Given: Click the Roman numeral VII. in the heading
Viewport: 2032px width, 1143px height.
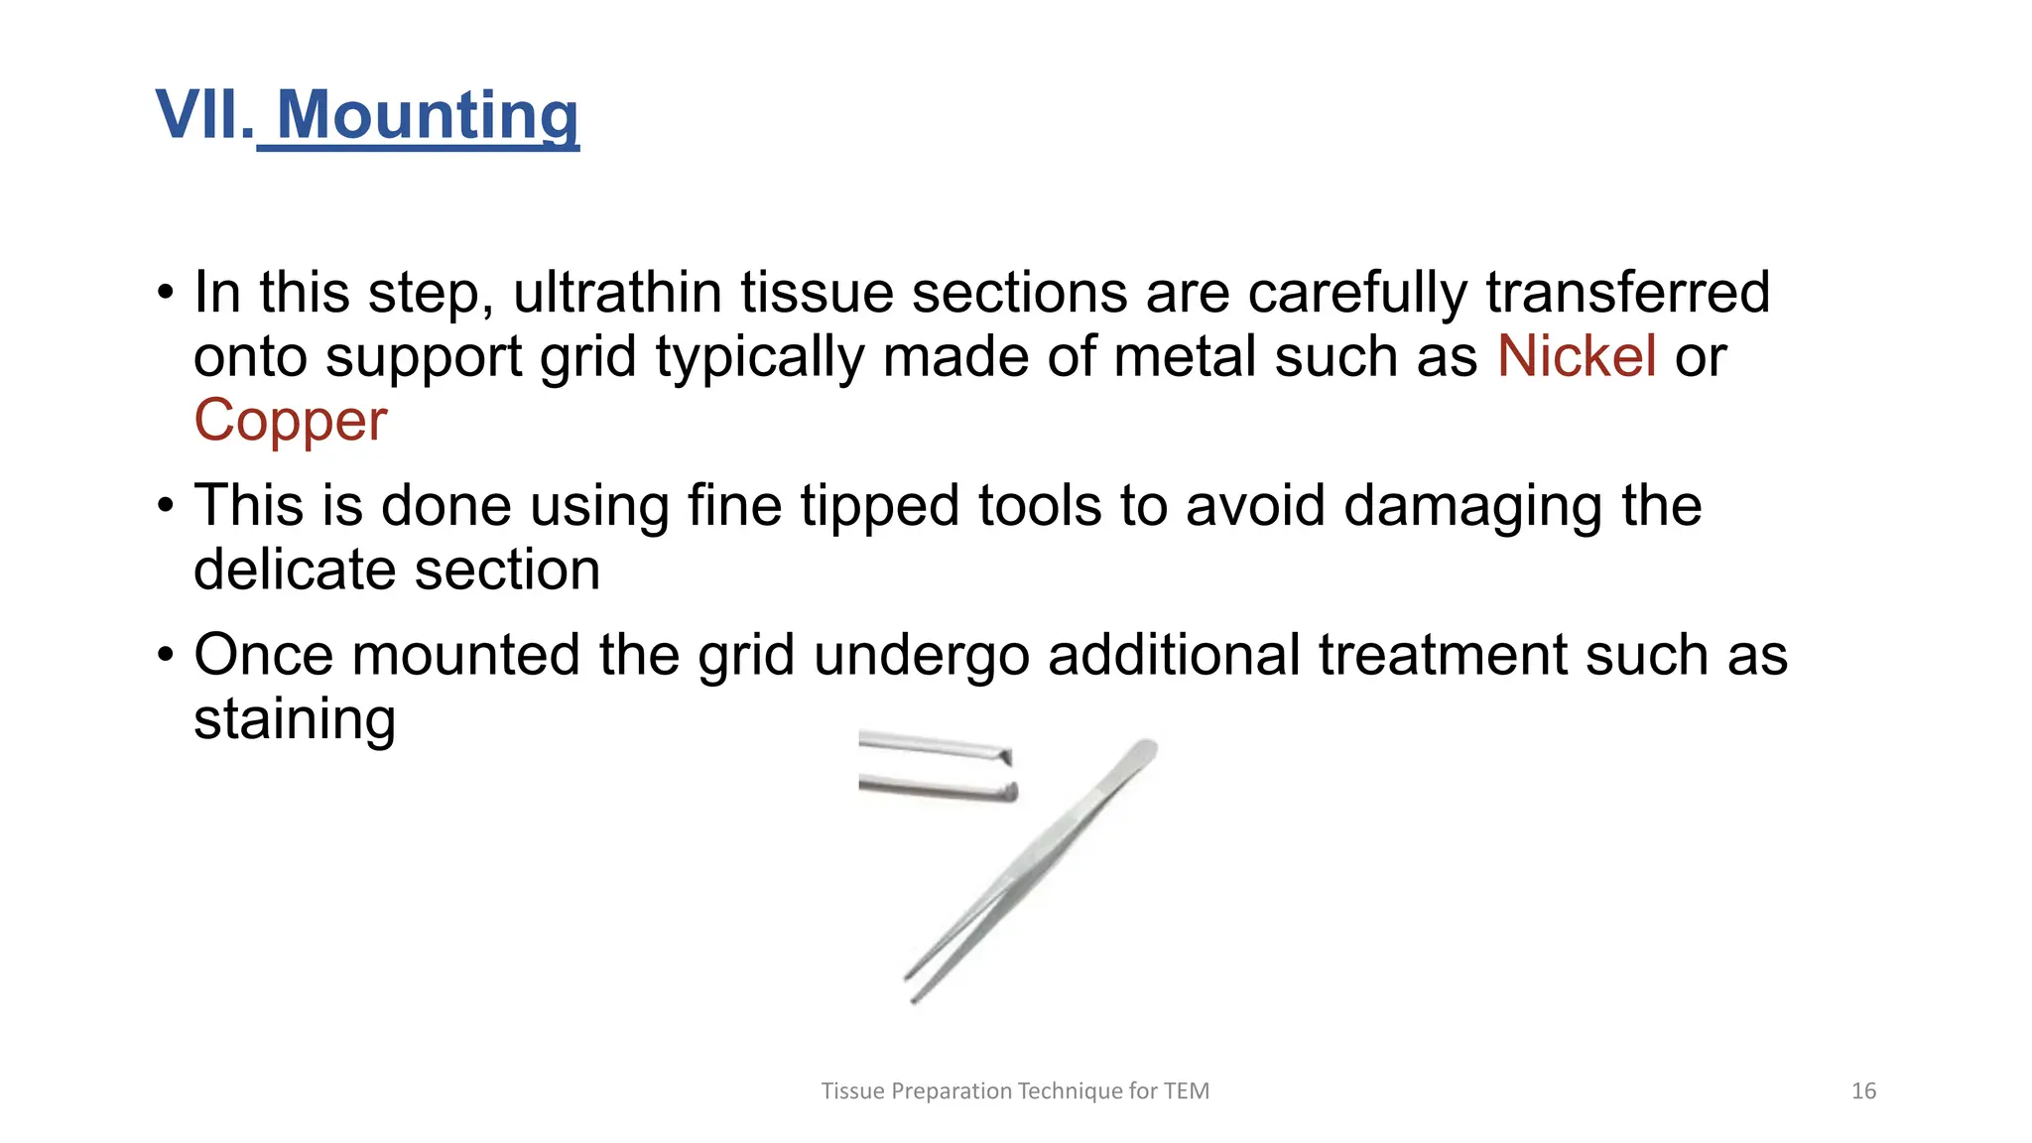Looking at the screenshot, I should (x=204, y=115).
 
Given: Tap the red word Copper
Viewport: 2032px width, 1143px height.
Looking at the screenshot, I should (x=290, y=421).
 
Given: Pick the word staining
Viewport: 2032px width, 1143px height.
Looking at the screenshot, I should (x=295, y=719).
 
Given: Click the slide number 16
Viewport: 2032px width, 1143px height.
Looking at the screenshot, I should (x=1863, y=1091).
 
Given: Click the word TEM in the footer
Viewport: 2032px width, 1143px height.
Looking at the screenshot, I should (x=1187, y=1091).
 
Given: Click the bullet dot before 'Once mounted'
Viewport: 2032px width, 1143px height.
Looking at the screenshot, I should (x=166, y=656).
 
